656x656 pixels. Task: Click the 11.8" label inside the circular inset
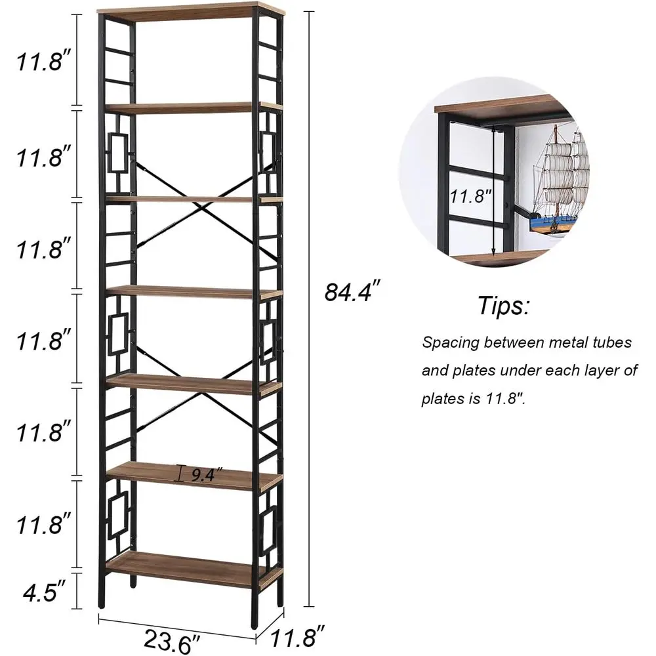point(470,195)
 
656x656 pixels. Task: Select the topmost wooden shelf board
point(190,10)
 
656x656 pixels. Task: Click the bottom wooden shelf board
point(190,567)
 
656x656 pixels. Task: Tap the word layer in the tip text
point(590,371)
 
